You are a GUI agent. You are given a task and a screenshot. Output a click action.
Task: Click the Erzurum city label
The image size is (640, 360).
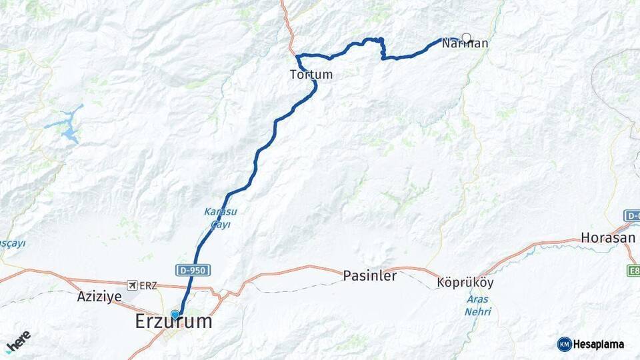click(x=173, y=322)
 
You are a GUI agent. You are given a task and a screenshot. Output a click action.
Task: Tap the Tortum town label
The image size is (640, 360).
click(x=311, y=75)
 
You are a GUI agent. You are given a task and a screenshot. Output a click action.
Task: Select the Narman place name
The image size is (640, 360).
click(x=465, y=44)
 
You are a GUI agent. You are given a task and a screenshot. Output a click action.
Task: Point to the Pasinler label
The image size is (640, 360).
click(x=369, y=275)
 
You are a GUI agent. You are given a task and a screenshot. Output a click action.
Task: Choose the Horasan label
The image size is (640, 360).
click(x=608, y=237)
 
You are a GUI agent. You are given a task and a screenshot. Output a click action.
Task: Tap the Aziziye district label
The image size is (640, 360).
click(x=99, y=296)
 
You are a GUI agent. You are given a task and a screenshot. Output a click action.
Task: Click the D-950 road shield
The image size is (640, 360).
click(x=194, y=270)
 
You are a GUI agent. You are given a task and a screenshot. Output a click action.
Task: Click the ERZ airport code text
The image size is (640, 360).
click(x=149, y=285)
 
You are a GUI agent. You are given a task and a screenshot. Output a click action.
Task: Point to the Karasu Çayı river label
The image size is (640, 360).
click(x=220, y=218)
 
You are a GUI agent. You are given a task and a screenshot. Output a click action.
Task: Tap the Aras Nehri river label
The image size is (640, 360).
click(x=478, y=305)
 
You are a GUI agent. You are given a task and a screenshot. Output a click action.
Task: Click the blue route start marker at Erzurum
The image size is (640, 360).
click(x=175, y=315)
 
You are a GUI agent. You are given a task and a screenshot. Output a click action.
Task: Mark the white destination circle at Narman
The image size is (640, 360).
click(x=466, y=38)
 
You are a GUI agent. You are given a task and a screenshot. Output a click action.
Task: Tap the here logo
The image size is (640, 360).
click(x=18, y=342)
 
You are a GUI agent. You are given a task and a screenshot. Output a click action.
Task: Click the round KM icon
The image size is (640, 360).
click(x=564, y=344)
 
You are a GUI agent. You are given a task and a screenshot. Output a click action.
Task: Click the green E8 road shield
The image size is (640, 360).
click(x=633, y=270)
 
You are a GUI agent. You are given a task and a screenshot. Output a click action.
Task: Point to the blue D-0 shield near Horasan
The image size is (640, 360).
click(x=632, y=215)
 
